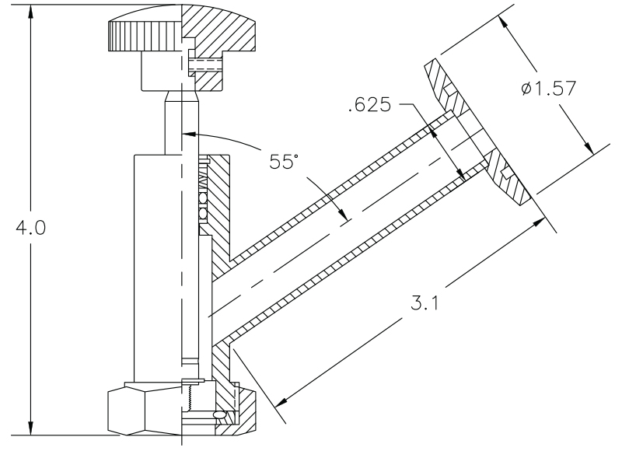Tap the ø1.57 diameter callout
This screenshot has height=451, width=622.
(x=550, y=89)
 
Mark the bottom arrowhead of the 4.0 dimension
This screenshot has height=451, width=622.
(x=30, y=432)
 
